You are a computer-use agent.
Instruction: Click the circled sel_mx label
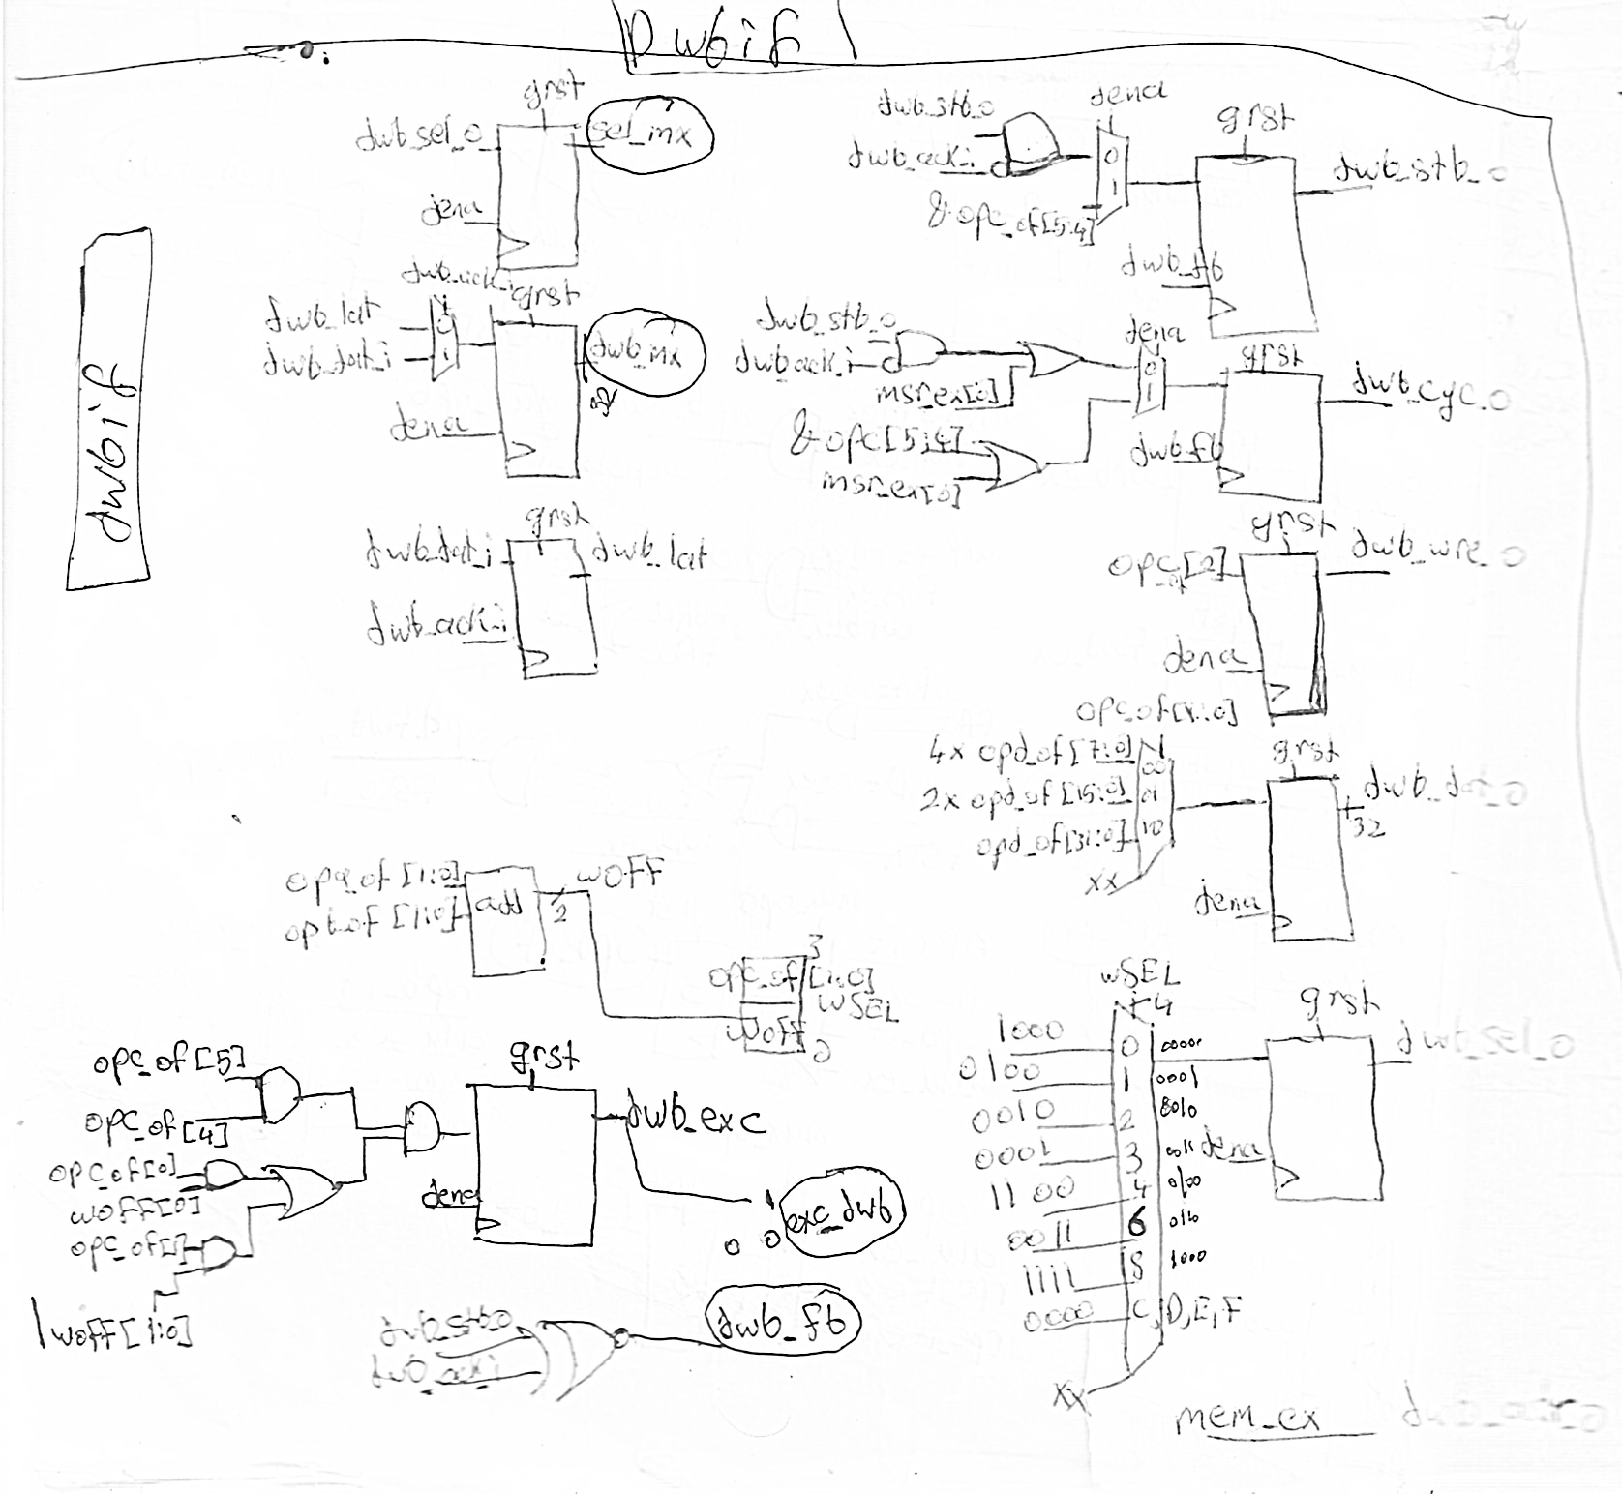point(650,135)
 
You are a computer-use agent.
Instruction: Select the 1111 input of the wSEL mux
point(1051,1279)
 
